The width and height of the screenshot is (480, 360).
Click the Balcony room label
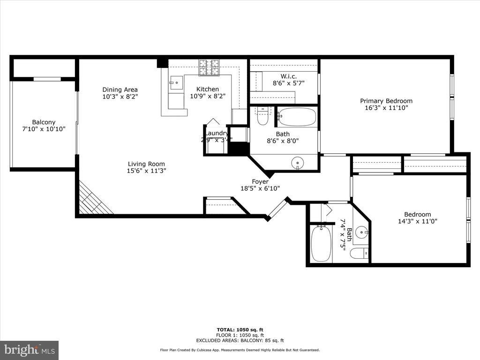point(44,122)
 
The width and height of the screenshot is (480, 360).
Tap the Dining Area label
point(120,90)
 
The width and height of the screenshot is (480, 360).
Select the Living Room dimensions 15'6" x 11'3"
point(147,171)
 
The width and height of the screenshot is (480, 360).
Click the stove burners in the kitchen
point(209,67)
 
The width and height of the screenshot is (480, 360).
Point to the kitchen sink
point(176,83)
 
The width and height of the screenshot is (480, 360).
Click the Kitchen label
point(207,89)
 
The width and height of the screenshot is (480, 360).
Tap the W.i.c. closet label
point(288,76)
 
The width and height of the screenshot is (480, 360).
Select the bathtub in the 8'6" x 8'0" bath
point(297,117)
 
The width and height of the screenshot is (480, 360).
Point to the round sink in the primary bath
point(297,163)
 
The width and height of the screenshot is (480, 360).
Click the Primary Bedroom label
point(386,101)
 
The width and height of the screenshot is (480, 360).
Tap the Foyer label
point(260,181)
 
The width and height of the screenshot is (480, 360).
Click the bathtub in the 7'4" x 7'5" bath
point(321,243)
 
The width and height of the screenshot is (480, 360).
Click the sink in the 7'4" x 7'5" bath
point(361,232)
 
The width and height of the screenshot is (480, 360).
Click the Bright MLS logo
point(29,350)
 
